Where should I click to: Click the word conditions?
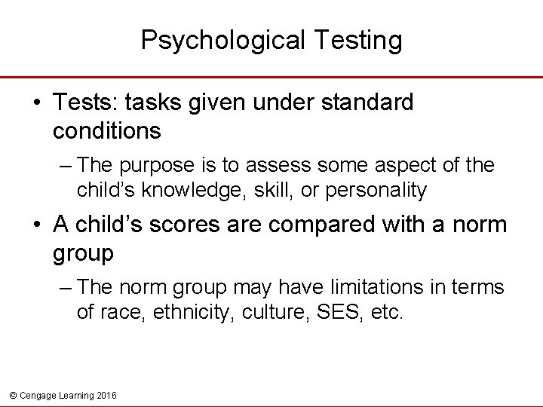coord(107,130)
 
